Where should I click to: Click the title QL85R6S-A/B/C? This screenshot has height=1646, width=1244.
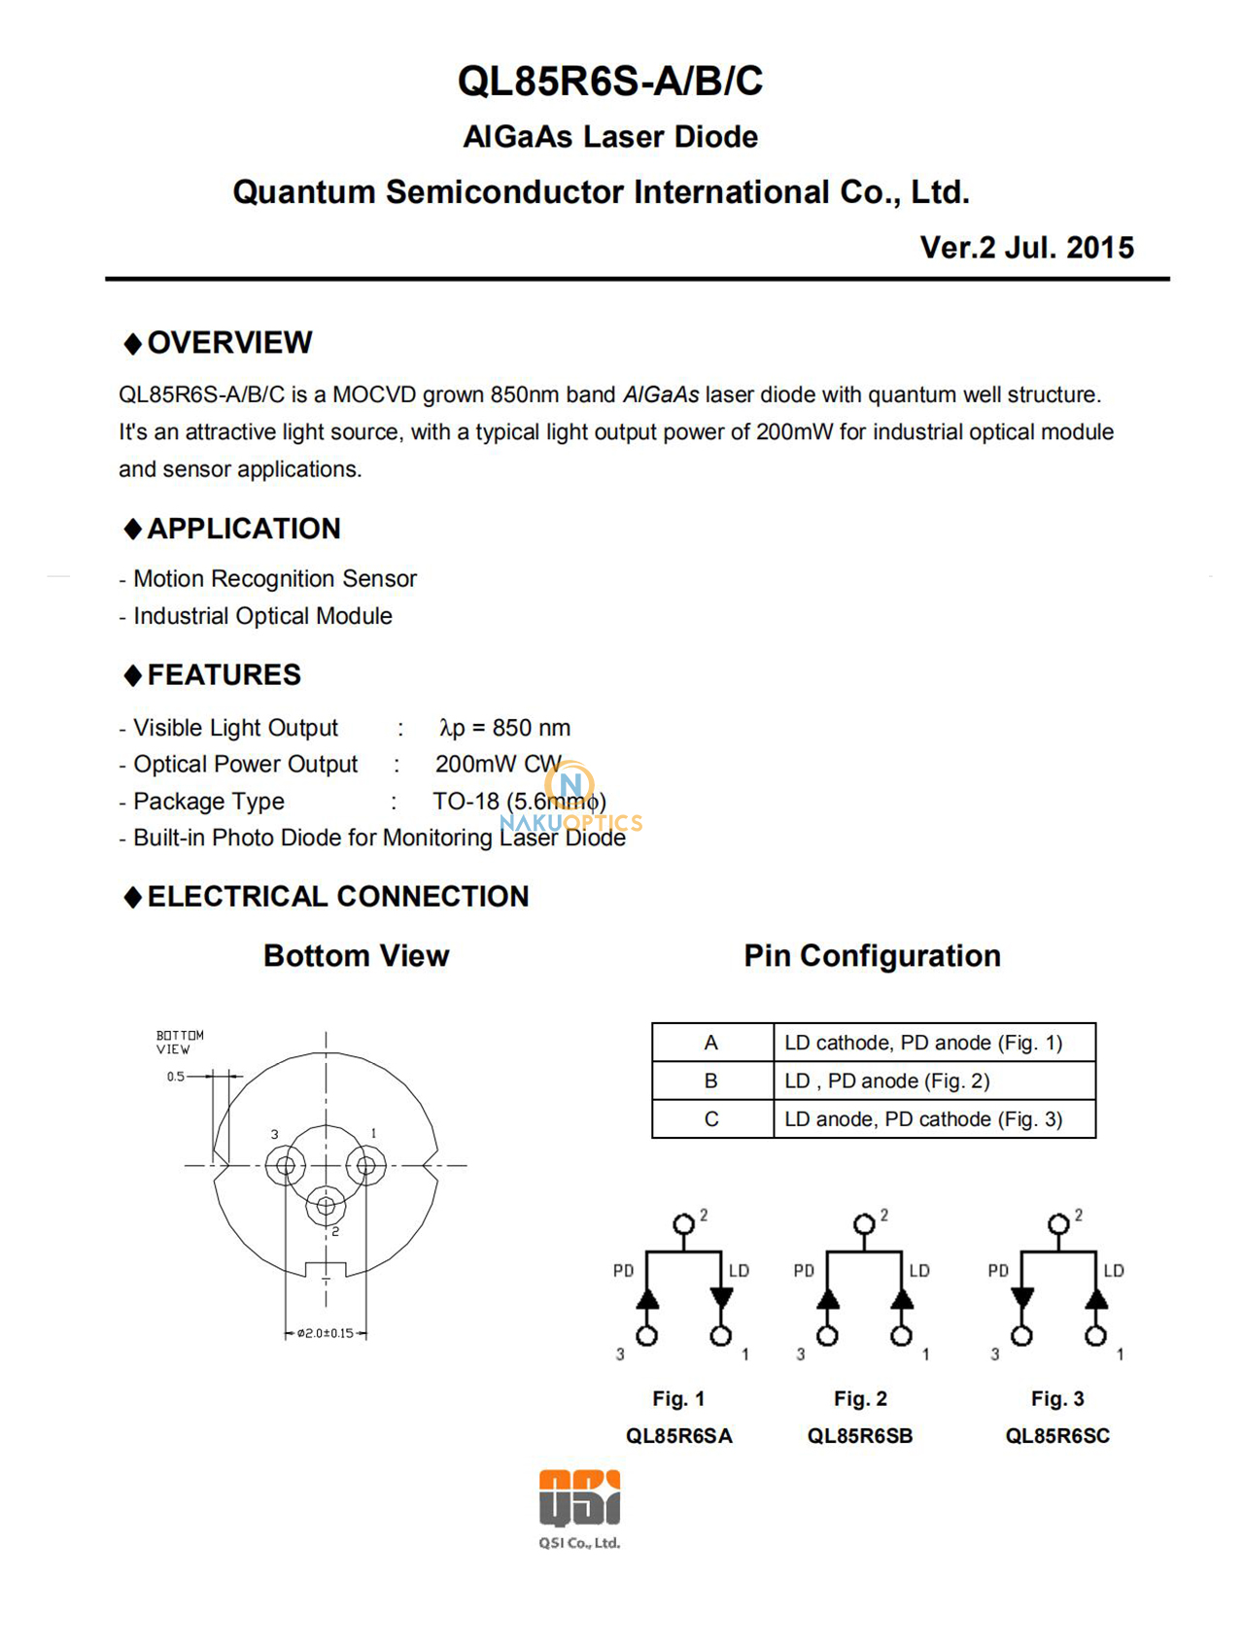click(610, 81)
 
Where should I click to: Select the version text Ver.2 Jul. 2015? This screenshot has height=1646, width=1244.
click(1026, 248)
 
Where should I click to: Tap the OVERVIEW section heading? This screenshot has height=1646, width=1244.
click(229, 342)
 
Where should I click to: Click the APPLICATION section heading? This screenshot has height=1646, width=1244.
click(243, 529)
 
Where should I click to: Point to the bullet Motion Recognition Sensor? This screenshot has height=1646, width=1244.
click(274, 579)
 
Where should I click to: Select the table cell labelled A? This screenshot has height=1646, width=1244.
click(711, 1043)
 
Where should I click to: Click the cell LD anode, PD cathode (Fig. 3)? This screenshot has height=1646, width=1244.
click(923, 1119)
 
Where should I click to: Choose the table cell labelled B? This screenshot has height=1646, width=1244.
click(711, 1080)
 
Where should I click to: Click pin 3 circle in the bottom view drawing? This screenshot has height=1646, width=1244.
click(286, 1165)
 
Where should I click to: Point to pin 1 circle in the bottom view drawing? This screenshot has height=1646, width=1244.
click(366, 1165)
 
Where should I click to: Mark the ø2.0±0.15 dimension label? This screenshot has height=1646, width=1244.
click(327, 1333)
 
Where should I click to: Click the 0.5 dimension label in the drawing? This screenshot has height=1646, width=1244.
click(176, 1077)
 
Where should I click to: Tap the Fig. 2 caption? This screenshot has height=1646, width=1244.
click(860, 1398)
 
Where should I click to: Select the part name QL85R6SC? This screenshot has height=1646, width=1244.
click(1057, 1436)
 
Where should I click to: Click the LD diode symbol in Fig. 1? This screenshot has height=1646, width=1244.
click(721, 1298)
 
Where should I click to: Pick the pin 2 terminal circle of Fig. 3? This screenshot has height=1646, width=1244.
click(1058, 1224)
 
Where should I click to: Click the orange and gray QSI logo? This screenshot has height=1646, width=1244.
click(580, 1498)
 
